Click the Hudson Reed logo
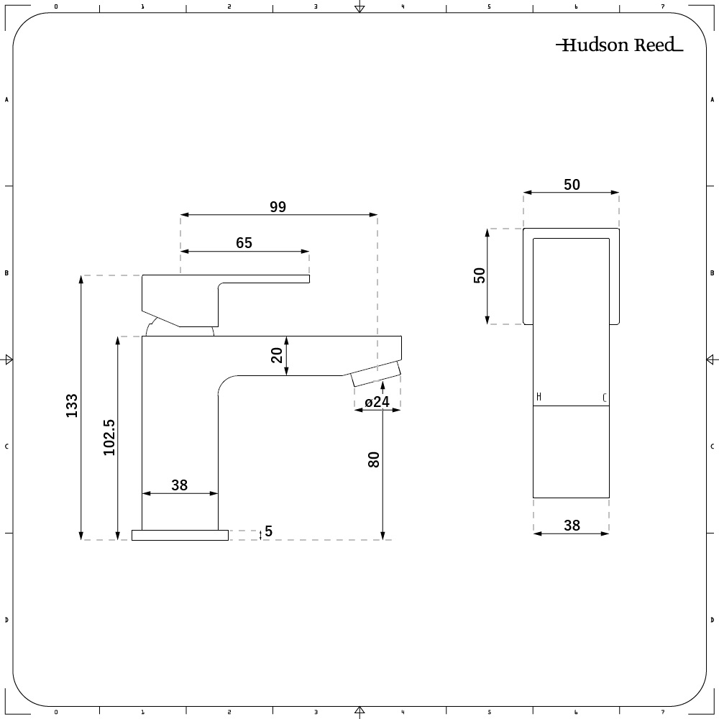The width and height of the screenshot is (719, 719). [x=619, y=45]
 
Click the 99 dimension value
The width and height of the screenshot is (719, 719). [x=278, y=206]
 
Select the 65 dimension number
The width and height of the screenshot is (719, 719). [x=244, y=243]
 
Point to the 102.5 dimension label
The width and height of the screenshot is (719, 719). [x=109, y=437]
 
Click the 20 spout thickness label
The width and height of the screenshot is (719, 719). [x=278, y=355]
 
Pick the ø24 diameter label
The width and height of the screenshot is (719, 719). [x=377, y=402]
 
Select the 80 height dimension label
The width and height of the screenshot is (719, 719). [x=374, y=460]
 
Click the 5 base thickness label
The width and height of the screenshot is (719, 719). [x=268, y=531]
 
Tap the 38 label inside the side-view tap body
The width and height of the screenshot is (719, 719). [x=179, y=485]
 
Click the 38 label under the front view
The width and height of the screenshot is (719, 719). [x=572, y=526]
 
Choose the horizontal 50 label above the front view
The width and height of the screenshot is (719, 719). [x=572, y=185]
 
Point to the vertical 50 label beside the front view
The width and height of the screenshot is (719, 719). [x=480, y=276]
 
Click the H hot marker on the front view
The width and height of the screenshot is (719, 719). [x=539, y=398]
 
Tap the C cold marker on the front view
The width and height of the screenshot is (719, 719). [x=604, y=398]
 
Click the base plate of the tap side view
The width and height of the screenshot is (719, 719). [x=180, y=535]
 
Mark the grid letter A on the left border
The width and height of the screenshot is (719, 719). [x=6, y=100]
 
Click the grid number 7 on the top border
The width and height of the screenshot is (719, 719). [x=663, y=6]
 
